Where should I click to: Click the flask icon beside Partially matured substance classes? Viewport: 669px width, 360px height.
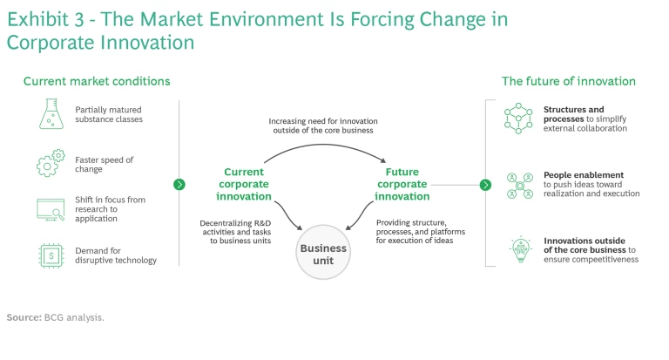pos(51,114)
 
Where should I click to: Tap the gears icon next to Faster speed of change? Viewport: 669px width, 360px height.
pos(51,163)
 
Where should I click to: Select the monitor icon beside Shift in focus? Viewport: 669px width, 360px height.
pos(51,209)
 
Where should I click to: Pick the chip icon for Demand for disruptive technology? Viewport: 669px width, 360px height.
pos(51,255)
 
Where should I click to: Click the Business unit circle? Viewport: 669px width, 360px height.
pos(323,253)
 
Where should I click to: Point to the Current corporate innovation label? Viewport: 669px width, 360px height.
pos(243,184)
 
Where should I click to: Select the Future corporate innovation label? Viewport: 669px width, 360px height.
pos(402,184)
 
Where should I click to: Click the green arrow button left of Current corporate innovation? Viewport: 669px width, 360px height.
pos(179,185)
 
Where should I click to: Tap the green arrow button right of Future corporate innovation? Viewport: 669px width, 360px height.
pos(486,185)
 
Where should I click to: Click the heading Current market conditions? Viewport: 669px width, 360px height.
pos(96,81)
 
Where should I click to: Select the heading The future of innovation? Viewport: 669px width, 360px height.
pos(568,81)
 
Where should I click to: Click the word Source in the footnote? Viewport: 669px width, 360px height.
pos(24,317)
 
